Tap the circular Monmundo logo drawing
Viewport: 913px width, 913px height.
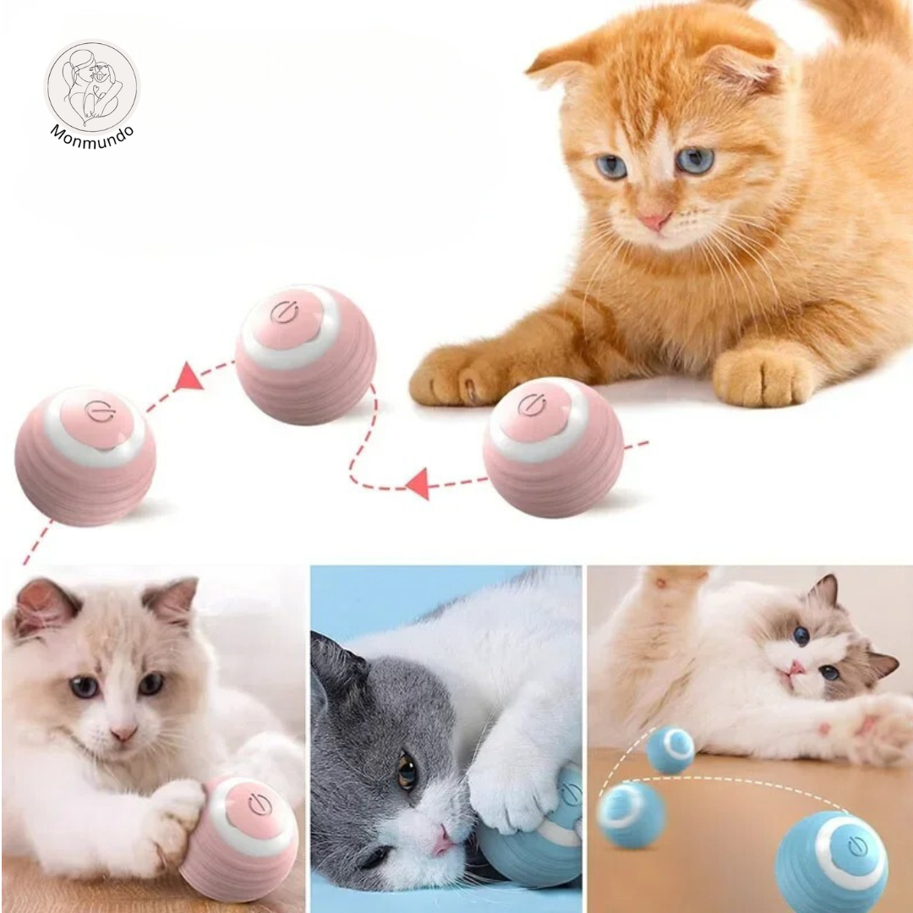tap(92, 86)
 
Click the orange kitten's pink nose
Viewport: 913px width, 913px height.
tap(656, 220)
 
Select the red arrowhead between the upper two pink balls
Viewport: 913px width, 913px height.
tap(188, 377)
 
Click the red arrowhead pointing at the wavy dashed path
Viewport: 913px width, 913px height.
tap(419, 484)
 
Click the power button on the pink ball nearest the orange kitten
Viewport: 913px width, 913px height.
tap(531, 406)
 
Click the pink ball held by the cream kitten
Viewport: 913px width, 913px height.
tap(240, 837)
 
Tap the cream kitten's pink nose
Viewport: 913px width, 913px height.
tap(123, 732)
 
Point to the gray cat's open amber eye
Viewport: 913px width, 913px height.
tap(407, 771)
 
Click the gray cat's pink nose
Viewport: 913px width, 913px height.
tap(444, 839)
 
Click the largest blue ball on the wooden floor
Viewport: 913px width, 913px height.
tap(832, 861)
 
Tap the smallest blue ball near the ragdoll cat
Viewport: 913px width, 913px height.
tap(670, 750)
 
